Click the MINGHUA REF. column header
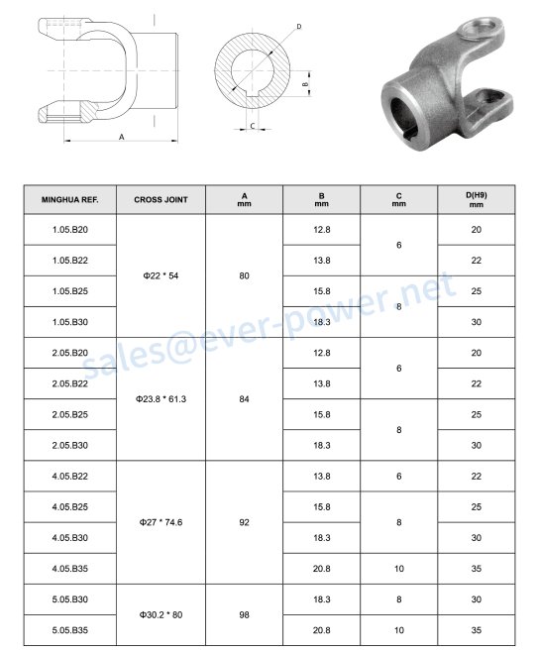[x=70, y=200]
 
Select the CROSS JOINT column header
[x=161, y=200]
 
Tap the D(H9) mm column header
[x=477, y=200]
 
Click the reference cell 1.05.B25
[x=70, y=291]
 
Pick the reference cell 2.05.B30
[x=70, y=446]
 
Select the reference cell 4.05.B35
[x=70, y=569]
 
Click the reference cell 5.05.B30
[x=70, y=599]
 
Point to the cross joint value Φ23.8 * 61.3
[x=161, y=399]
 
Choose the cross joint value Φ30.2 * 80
[x=161, y=615]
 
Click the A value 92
[x=244, y=522]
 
